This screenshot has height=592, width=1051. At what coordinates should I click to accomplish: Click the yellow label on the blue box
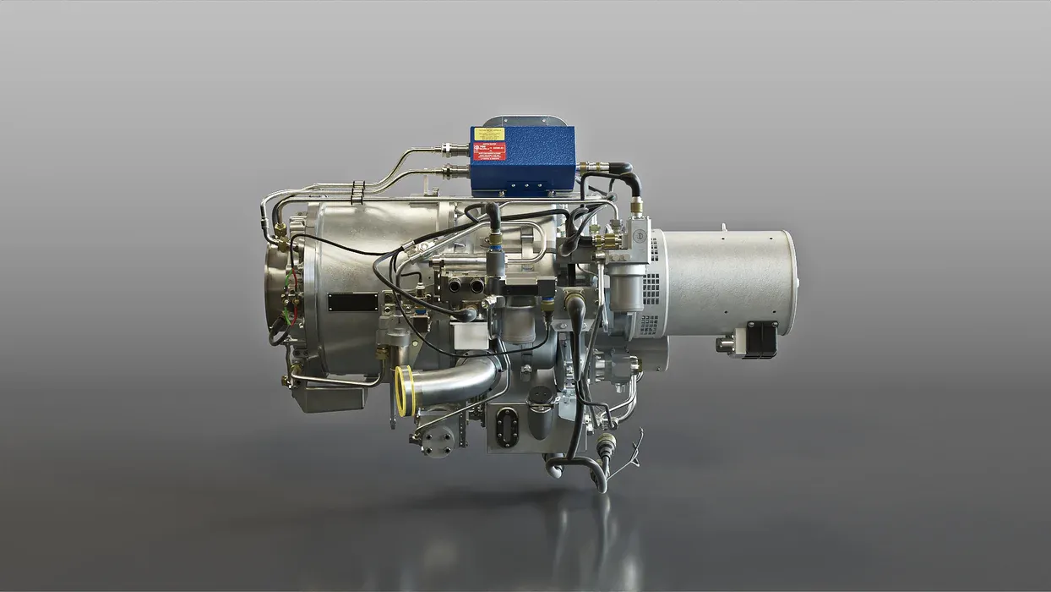pyautogui.click(x=489, y=134)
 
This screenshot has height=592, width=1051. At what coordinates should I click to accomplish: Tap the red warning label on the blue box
pyautogui.click(x=489, y=152)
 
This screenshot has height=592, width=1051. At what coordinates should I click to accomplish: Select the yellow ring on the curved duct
pyautogui.click(x=403, y=392)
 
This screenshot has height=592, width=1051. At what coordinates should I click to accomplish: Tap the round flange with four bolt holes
pyautogui.click(x=437, y=440)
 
